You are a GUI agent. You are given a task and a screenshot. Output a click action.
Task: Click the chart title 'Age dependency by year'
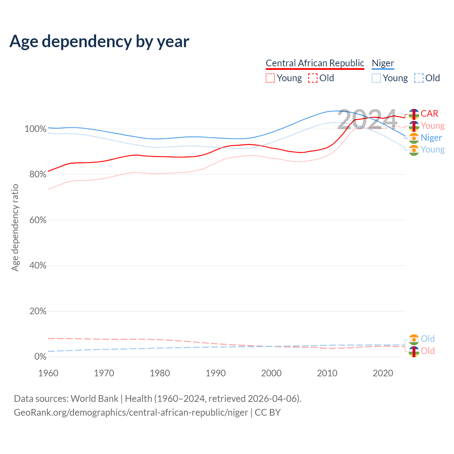click(x=99, y=41)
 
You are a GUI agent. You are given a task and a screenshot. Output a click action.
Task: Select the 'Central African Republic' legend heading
click(x=315, y=63)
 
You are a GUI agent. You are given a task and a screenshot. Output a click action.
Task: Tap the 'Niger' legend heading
click(x=383, y=63)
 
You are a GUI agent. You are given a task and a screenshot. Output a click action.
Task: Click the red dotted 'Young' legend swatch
click(x=270, y=78)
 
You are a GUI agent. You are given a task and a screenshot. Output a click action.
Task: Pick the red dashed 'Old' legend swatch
click(x=313, y=78)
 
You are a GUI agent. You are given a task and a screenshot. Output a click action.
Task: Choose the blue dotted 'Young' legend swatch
click(x=376, y=78)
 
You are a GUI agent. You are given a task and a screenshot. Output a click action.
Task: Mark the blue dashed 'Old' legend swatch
click(x=419, y=78)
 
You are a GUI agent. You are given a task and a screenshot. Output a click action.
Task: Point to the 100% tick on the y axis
click(x=35, y=129)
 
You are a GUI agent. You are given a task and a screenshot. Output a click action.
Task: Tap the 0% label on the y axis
click(x=40, y=357)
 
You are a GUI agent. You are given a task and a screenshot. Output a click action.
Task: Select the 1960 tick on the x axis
click(x=48, y=373)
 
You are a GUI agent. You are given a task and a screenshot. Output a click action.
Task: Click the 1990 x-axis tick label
click(x=216, y=373)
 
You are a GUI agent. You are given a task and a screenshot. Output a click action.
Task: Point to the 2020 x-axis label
click(x=383, y=373)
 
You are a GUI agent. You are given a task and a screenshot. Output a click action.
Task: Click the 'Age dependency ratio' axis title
click(x=15, y=227)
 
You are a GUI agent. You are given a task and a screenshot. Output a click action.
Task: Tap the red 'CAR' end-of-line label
click(x=430, y=113)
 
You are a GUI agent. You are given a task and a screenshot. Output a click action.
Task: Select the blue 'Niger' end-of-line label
click(x=431, y=138)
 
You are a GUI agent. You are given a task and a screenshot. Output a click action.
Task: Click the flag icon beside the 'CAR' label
click(x=414, y=114)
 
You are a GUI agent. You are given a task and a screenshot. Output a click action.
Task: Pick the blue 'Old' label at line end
click(x=427, y=339)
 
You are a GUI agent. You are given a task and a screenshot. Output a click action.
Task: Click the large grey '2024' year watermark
click(x=367, y=119)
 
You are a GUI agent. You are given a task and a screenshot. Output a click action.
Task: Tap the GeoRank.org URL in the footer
click(x=131, y=413)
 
